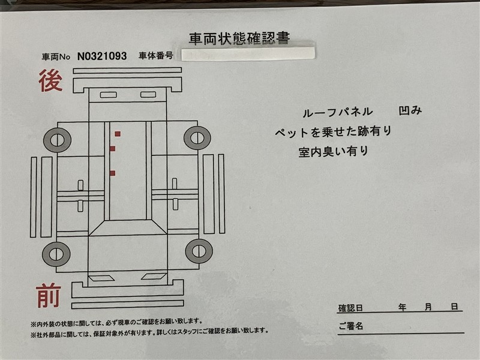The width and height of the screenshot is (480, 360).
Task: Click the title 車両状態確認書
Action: (x=239, y=39)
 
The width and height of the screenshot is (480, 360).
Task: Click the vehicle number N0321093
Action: (x=102, y=56)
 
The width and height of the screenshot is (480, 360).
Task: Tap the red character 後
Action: (x=50, y=80)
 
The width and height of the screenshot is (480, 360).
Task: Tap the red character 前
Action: (x=49, y=295)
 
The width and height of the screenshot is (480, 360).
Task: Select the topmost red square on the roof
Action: (x=118, y=134)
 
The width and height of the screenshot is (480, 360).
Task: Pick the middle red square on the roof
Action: (x=112, y=149)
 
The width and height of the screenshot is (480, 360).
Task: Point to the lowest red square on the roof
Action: (x=112, y=173)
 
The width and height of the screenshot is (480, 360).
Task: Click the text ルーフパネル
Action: (x=337, y=112)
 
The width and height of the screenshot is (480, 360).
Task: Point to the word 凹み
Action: (x=410, y=110)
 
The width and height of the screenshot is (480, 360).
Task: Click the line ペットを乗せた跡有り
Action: (x=333, y=132)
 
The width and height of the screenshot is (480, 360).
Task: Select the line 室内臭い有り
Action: (x=333, y=152)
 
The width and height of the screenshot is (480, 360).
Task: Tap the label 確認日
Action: (x=350, y=308)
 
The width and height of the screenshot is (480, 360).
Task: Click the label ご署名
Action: (x=351, y=326)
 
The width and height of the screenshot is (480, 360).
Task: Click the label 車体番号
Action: (x=156, y=55)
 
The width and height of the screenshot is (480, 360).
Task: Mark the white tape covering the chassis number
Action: (x=248, y=54)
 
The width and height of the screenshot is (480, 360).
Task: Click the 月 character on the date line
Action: (x=428, y=307)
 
